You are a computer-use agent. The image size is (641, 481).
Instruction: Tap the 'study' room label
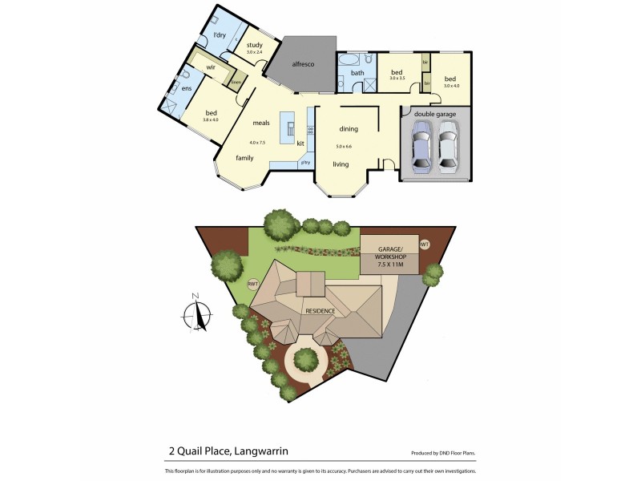click(255, 45)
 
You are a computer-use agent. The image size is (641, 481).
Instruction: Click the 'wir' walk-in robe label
click(211, 69)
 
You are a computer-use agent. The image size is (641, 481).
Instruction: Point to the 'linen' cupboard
click(236, 82)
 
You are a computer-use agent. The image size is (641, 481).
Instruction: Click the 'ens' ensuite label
click(186, 88)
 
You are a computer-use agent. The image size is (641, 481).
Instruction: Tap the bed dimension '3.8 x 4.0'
click(211, 120)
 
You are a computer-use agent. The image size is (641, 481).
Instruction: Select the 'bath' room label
click(357, 73)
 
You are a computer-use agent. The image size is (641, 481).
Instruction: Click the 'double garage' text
click(435, 115)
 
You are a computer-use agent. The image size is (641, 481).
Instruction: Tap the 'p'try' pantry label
click(305, 164)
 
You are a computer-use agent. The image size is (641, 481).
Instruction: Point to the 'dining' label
click(348, 128)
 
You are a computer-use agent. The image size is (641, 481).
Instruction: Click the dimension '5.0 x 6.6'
click(344, 147)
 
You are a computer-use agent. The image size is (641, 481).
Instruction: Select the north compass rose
click(197, 312)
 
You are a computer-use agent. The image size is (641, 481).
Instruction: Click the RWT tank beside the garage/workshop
click(425, 245)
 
